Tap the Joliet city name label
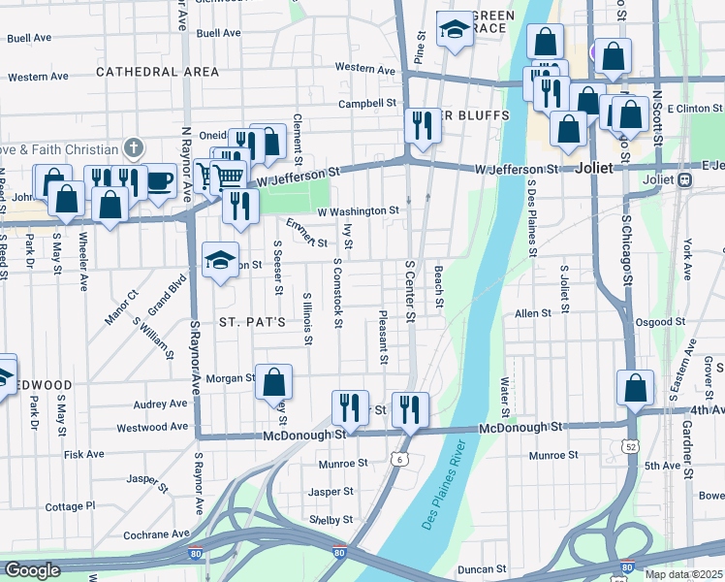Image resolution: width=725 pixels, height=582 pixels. pos(594,168)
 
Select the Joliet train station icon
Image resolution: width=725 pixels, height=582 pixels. pos(684,179)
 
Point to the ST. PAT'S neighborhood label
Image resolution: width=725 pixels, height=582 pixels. pos(251,321)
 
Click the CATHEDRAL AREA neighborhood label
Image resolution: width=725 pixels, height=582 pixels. pos(157,72)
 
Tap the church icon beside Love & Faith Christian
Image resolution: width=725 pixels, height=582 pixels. pos(134,148)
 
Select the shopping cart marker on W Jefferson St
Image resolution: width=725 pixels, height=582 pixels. pos(229,176)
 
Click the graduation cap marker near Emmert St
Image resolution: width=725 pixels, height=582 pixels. pos(220,259)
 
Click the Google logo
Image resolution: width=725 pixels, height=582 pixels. pos(32,570)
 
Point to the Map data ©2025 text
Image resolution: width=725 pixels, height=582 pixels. pos(683,574)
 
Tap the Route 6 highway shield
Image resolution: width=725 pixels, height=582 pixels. pos(399,458)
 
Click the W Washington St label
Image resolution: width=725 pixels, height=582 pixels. pos(358,210)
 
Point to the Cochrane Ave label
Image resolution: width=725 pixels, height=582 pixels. pos(157,534)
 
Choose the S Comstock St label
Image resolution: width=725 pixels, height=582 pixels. pos(337,293)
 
